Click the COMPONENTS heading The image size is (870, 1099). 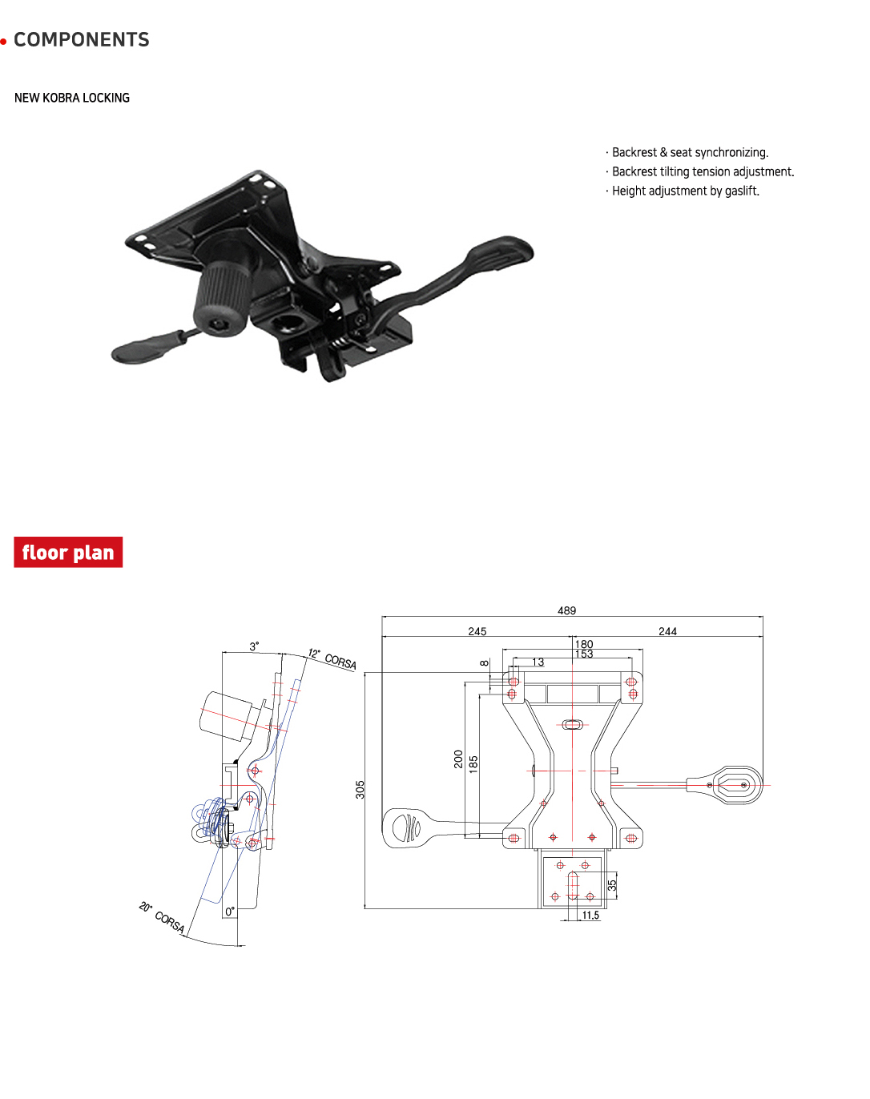(x=81, y=40)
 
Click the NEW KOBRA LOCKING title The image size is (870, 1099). (x=72, y=98)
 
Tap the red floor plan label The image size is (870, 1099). (x=68, y=553)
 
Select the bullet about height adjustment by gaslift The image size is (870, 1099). (x=684, y=191)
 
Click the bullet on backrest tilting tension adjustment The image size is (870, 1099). (x=701, y=171)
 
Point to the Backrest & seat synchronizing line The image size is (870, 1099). (x=688, y=152)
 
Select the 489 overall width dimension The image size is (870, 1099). (x=566, y=610)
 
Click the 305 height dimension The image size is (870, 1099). (x=360, y=789)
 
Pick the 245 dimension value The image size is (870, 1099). (x=477, y=631)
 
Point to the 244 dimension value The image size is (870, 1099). (x=667, y=631)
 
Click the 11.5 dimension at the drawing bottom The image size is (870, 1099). (x=590, y=916)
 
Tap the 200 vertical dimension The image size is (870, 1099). (x=458, y=759)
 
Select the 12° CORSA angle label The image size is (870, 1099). (x=333, y=659)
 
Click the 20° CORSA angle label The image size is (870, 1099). (x=162, y=917)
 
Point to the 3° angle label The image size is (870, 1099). (x=254, y=646)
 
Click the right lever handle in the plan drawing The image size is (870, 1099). (x=733, y=785)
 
